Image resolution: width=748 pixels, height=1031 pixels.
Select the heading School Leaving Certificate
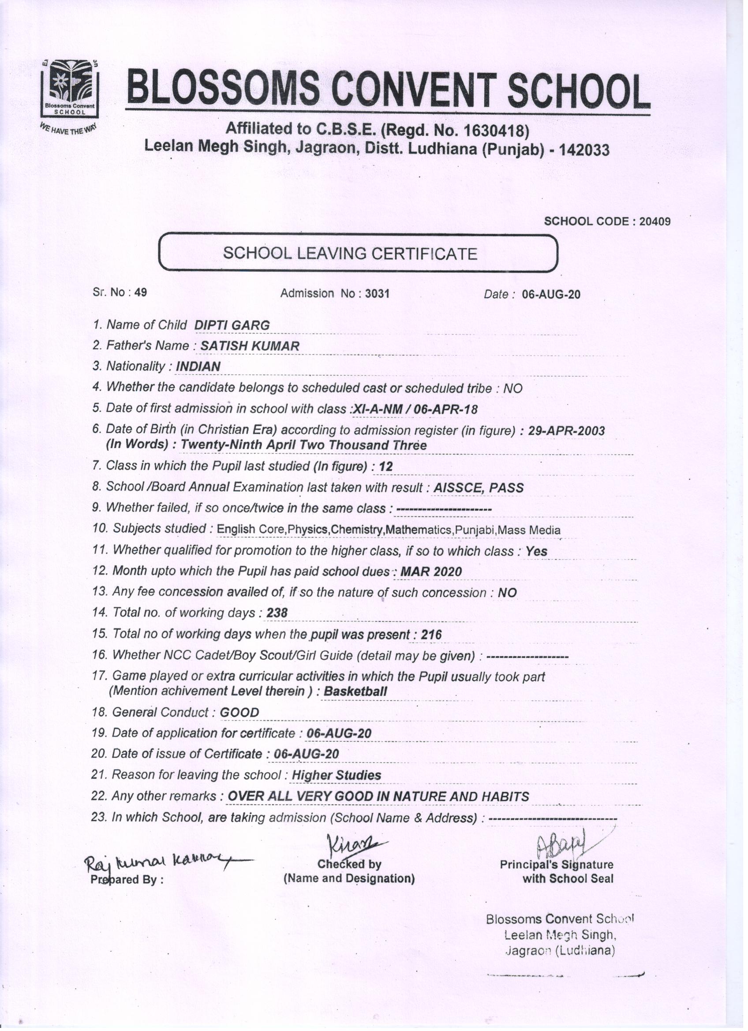pos(350,253)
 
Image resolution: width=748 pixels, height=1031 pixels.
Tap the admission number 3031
pos(378,294)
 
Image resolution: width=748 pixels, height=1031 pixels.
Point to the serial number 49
pos(141,292)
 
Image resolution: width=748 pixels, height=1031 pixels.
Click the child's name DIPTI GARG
pos(232,325)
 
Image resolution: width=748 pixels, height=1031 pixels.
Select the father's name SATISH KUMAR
pos(250,346)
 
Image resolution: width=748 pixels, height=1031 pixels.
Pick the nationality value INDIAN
pos(198,366)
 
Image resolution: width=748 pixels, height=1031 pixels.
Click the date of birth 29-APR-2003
pos(566,430)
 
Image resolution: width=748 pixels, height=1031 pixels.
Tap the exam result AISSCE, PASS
pos(479,488)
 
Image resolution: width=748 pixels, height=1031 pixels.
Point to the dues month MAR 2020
pos(430,572)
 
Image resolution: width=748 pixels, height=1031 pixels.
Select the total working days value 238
pos(277,613)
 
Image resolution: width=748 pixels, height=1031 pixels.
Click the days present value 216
pos(431,635)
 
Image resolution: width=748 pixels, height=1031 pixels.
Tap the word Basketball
pos(355,692)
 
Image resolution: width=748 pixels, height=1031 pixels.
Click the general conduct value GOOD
pos(239,712)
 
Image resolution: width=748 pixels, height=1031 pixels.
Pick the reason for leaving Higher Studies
pos(336,775)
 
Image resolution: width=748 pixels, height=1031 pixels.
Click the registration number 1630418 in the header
pos(494,131)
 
